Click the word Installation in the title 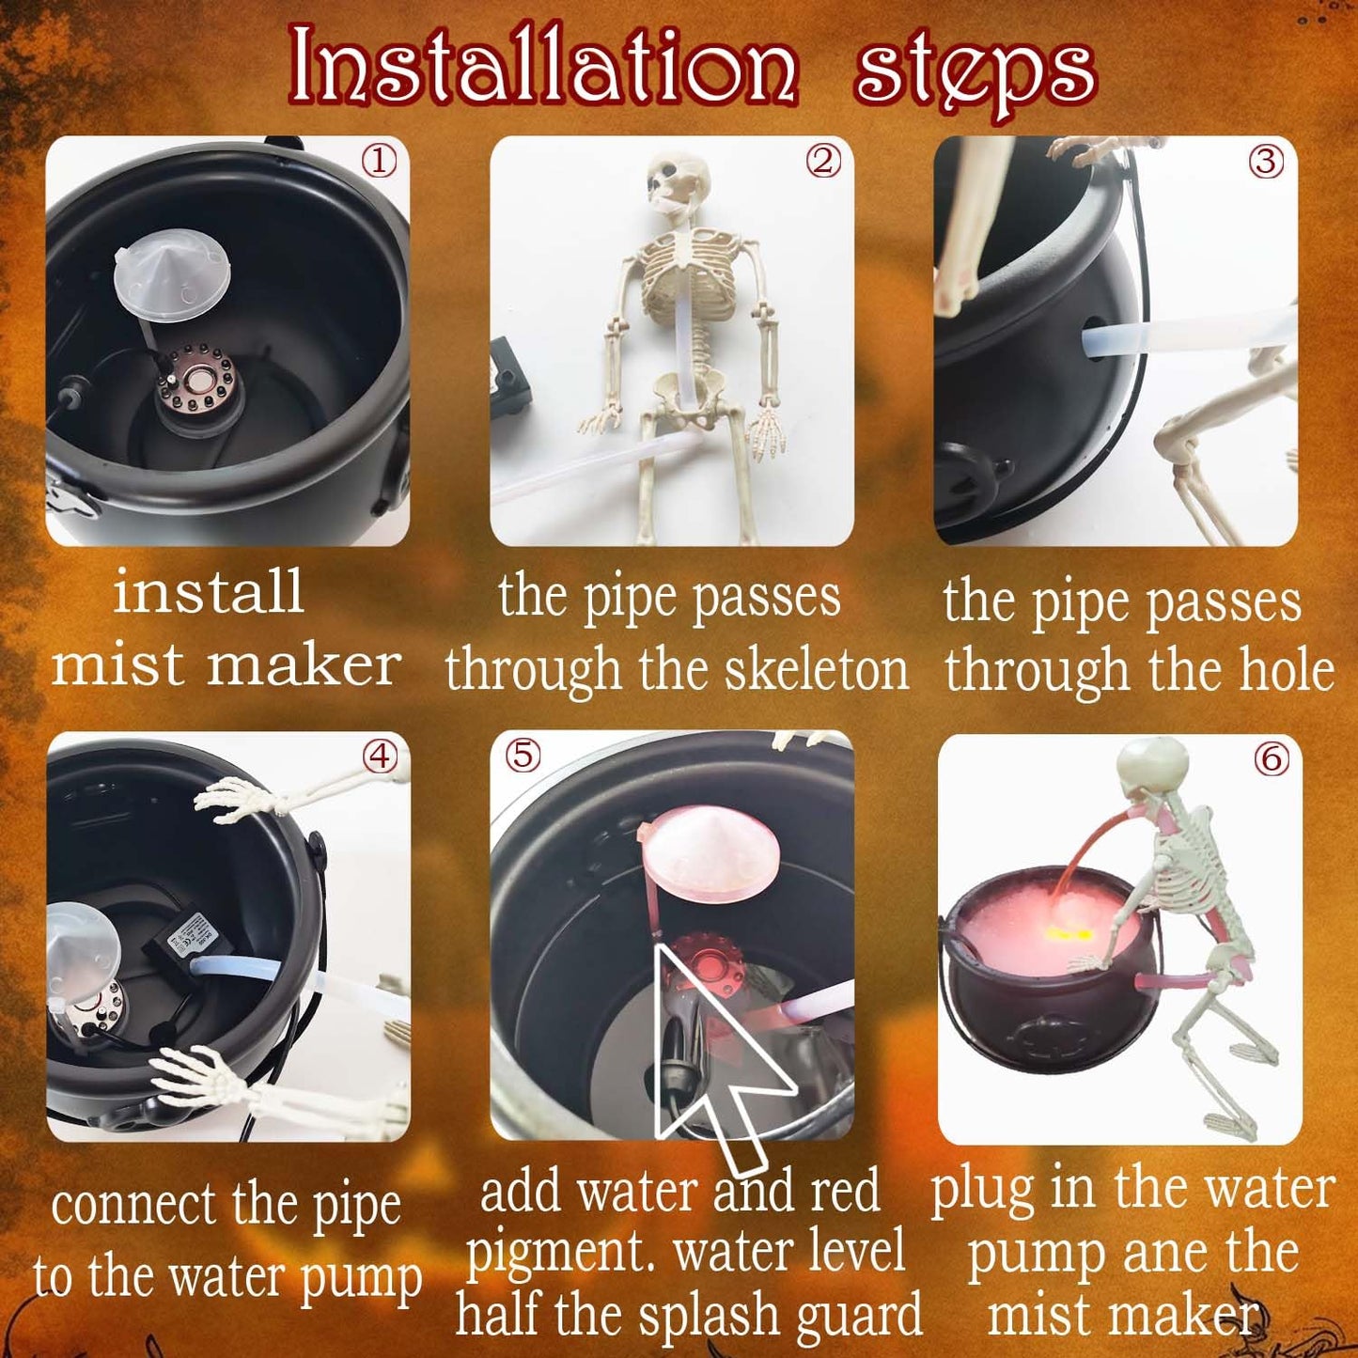tap(543, 66)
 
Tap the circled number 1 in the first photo tap(380, 163)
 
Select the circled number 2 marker tap(823, 163)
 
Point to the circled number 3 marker tap(1266, 163)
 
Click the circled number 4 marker tap(381, 757)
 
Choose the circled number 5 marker tap(523, 756)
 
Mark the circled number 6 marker tap(1272, 758)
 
